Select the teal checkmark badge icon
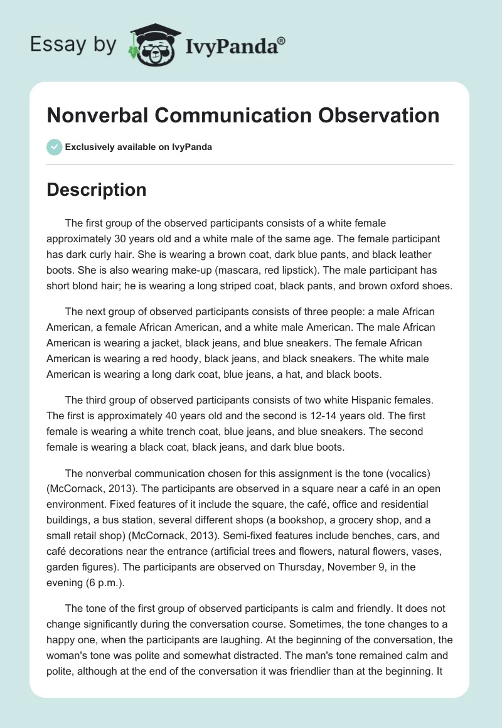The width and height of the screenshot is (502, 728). [54, 147]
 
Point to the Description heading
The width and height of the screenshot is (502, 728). [96, 190]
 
